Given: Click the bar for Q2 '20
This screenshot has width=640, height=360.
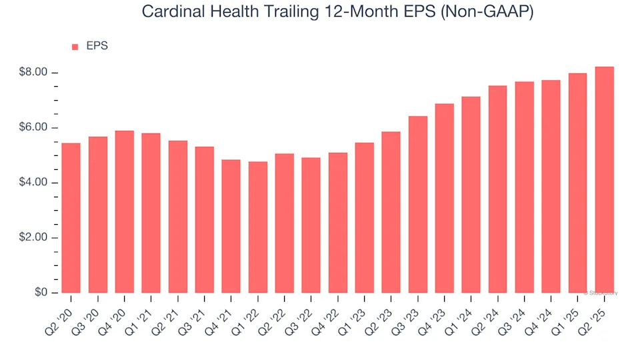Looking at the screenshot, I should pos(71,218).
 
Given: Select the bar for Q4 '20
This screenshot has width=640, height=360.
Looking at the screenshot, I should pos(124,212).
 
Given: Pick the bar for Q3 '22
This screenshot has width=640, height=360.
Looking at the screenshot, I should pos(311,225).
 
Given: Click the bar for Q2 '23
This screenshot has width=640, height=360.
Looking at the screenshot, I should pos(391,212).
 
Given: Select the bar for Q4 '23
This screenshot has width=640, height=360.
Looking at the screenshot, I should pos(444,198).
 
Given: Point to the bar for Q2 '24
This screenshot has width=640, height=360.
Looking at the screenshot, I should pos(497,189).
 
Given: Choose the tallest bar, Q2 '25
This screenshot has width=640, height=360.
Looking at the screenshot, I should pos(604,180).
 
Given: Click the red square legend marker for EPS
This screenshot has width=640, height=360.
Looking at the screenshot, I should pos(75,47).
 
